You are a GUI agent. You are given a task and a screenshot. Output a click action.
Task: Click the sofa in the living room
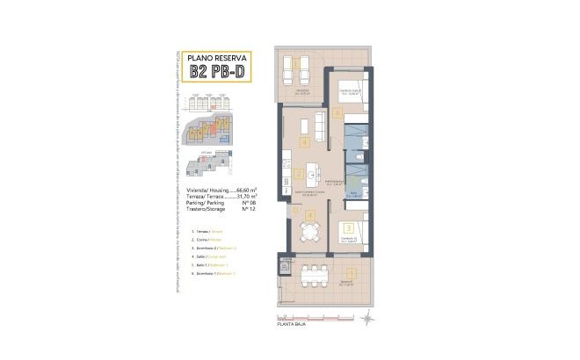click(308, 123)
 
